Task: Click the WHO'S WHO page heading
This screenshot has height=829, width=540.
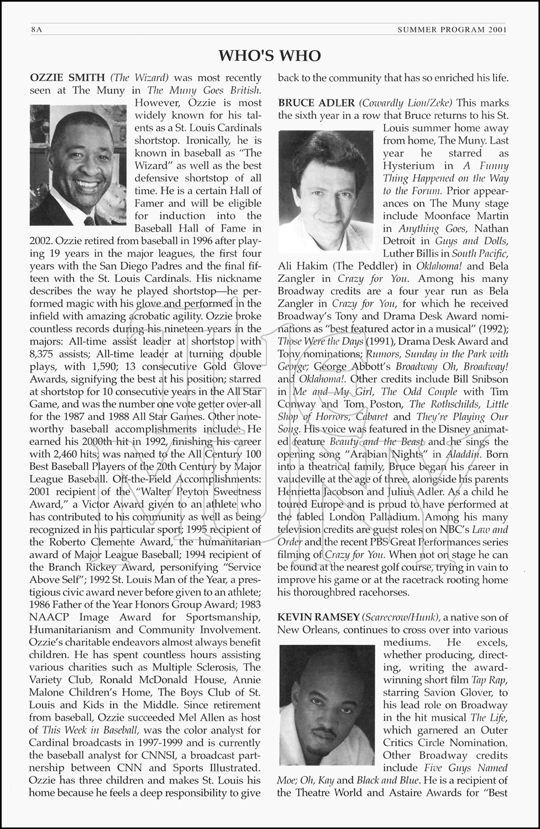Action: click(269, 55)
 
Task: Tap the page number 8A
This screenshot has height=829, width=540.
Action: click(37, 30)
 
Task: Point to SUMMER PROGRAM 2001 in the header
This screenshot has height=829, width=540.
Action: click(452, 30)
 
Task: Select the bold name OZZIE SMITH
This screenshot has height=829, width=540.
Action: click(67, 78)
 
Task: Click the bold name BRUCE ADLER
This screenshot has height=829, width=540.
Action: click(316, 103)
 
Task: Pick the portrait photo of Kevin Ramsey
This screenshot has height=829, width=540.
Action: click(327, 705)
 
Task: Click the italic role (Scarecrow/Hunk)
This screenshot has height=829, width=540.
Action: click(401, 617)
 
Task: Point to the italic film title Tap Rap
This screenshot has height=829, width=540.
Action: click(485, 680)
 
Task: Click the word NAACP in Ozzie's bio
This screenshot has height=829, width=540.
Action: click(49, 617)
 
